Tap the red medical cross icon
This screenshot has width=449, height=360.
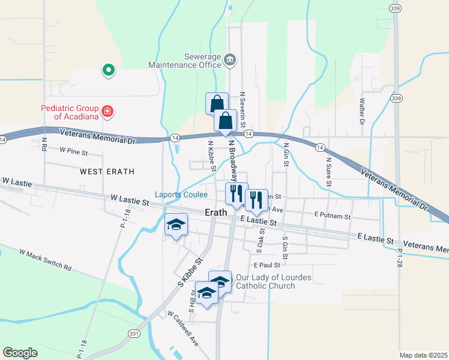pos(107,111)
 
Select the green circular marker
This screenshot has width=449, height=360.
pos(108,71)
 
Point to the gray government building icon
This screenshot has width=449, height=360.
pos(231,60)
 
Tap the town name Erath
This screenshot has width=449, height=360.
pos(215,212)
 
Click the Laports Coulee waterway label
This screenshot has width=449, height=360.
pos(181,194)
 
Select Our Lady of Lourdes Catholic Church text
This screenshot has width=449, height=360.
pos(265,281)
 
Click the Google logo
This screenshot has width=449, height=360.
pos(20,352)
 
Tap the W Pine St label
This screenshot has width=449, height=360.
pos(73,152)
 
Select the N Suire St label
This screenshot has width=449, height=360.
pos(328,169)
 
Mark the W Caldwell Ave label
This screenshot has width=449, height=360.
pos(183,328)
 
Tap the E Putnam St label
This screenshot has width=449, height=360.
pos(332,215)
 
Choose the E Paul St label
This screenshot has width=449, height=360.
pos(267,265)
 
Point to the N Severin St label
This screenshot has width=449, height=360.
pos(243,109)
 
